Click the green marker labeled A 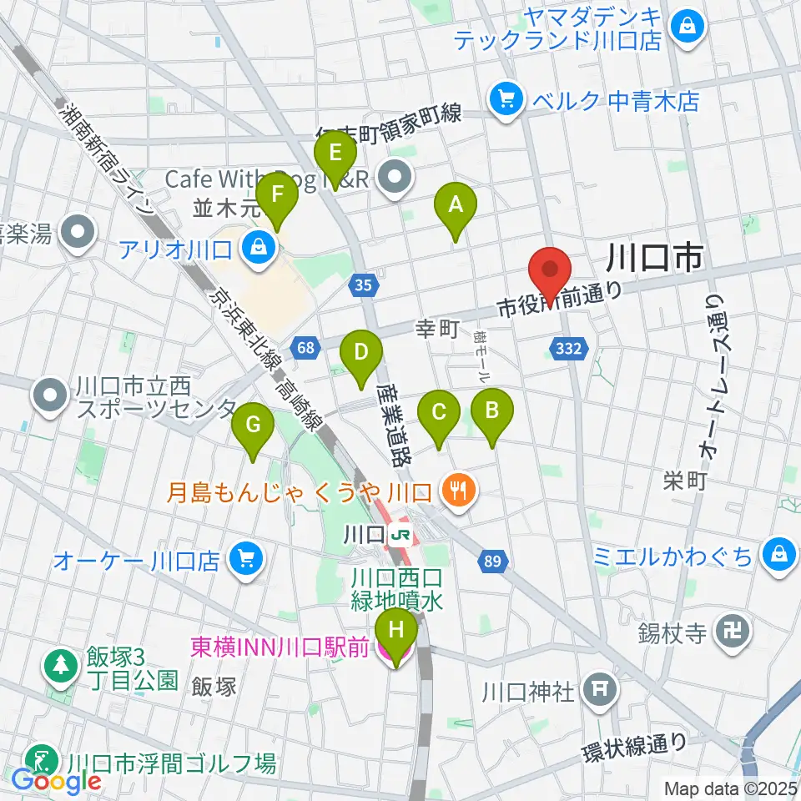point(456,205)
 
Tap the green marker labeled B point(492,412)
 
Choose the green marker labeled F point(277,197)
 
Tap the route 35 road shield point(362,286)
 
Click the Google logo point(57,781)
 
